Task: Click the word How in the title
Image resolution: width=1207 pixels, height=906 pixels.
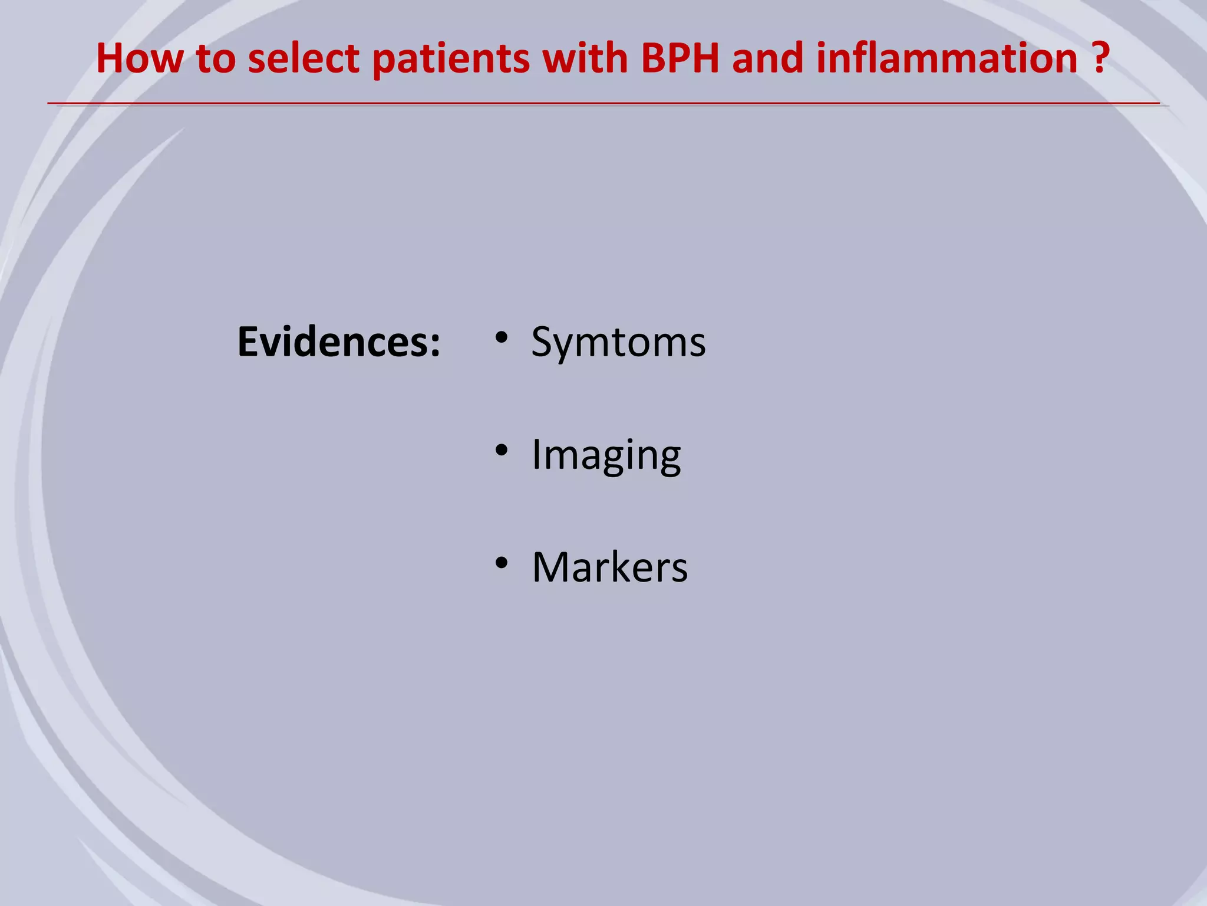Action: (x=139, y=59)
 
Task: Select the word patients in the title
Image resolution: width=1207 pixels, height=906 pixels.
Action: (x=451, y=59)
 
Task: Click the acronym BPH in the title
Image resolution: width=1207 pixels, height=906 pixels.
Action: (x=680, y=59)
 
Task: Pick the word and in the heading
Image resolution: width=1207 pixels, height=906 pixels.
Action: (x=767, y=59)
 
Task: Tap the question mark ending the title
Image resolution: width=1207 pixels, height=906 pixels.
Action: (x=1100, y=59)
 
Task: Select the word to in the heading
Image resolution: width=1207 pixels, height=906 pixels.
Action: (x=216, y=59)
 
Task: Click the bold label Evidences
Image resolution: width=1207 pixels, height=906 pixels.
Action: (x=332, y=342)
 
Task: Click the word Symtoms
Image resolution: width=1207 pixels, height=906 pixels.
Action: (x=618, y=342)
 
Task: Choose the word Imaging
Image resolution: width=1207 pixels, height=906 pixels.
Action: (x=606, y=455)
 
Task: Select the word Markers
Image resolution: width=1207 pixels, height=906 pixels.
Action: (x=609, y=567)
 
